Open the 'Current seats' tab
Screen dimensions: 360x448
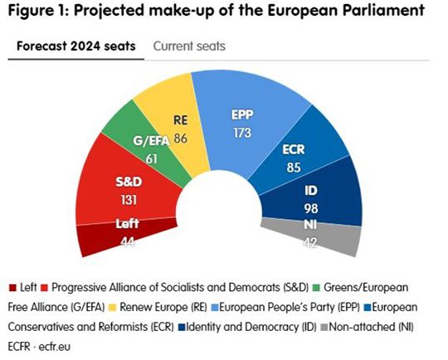pos(189,46)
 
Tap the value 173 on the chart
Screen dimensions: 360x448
pos(242,132)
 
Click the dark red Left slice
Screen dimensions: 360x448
pos(102,235)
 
